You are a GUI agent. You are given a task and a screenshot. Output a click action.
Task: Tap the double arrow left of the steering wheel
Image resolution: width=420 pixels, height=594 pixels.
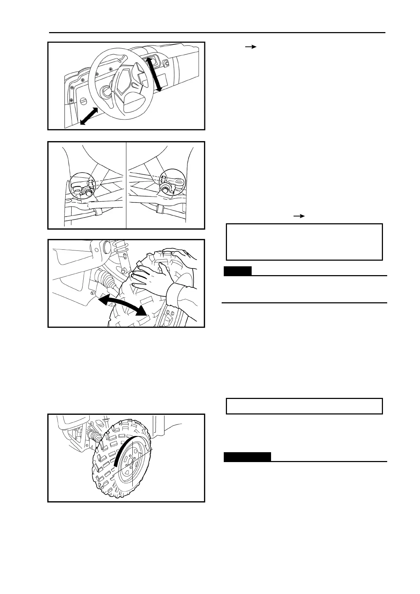point(89,116)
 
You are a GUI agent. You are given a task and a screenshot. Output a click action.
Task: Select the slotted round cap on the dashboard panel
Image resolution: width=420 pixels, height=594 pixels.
point(84,102)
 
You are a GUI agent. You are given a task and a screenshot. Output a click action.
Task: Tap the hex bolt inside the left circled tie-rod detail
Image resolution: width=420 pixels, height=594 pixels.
point(86,193)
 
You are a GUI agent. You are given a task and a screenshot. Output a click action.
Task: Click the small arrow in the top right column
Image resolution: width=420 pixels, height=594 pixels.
point(250,47)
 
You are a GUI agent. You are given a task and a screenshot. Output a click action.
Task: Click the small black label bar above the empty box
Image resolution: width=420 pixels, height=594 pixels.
point(238,271)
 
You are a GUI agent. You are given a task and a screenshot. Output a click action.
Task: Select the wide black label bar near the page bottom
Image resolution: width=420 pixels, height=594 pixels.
point(247,457)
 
